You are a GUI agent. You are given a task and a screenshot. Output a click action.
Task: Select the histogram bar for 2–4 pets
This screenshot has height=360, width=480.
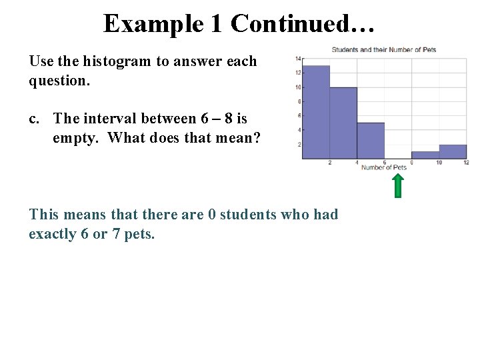tap(343, 123)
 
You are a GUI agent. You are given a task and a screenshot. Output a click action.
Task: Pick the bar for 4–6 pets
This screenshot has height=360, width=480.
tap(371, 141)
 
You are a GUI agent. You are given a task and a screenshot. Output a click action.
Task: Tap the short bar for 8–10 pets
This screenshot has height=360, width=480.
tap(425, 155)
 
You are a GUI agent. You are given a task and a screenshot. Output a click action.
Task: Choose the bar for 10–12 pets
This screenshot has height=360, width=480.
tap(453, 152)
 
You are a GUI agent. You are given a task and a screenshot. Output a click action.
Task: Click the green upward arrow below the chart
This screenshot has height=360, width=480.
tap(398, 186)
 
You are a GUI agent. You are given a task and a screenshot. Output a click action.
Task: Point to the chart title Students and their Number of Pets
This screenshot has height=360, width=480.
tap(383, 50)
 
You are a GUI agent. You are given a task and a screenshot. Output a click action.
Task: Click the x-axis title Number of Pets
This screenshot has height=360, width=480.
tap(383, 167)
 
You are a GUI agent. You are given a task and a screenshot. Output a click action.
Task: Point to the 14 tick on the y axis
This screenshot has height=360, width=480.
tap(298, 59)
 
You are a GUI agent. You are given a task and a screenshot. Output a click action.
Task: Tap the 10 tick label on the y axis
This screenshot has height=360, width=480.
tap(298, 87)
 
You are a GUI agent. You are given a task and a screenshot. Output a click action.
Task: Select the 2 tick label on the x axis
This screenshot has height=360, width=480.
tap(330, 163)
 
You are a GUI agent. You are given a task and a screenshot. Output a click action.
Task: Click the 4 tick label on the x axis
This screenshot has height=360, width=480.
tap(357, 163)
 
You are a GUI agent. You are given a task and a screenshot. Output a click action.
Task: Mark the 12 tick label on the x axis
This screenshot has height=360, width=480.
tap(466, 163)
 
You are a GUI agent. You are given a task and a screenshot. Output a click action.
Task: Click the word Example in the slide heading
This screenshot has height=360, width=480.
tap(153, 24)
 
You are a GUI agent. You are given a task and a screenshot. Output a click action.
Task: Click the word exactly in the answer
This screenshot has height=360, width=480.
tap(51, 235)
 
